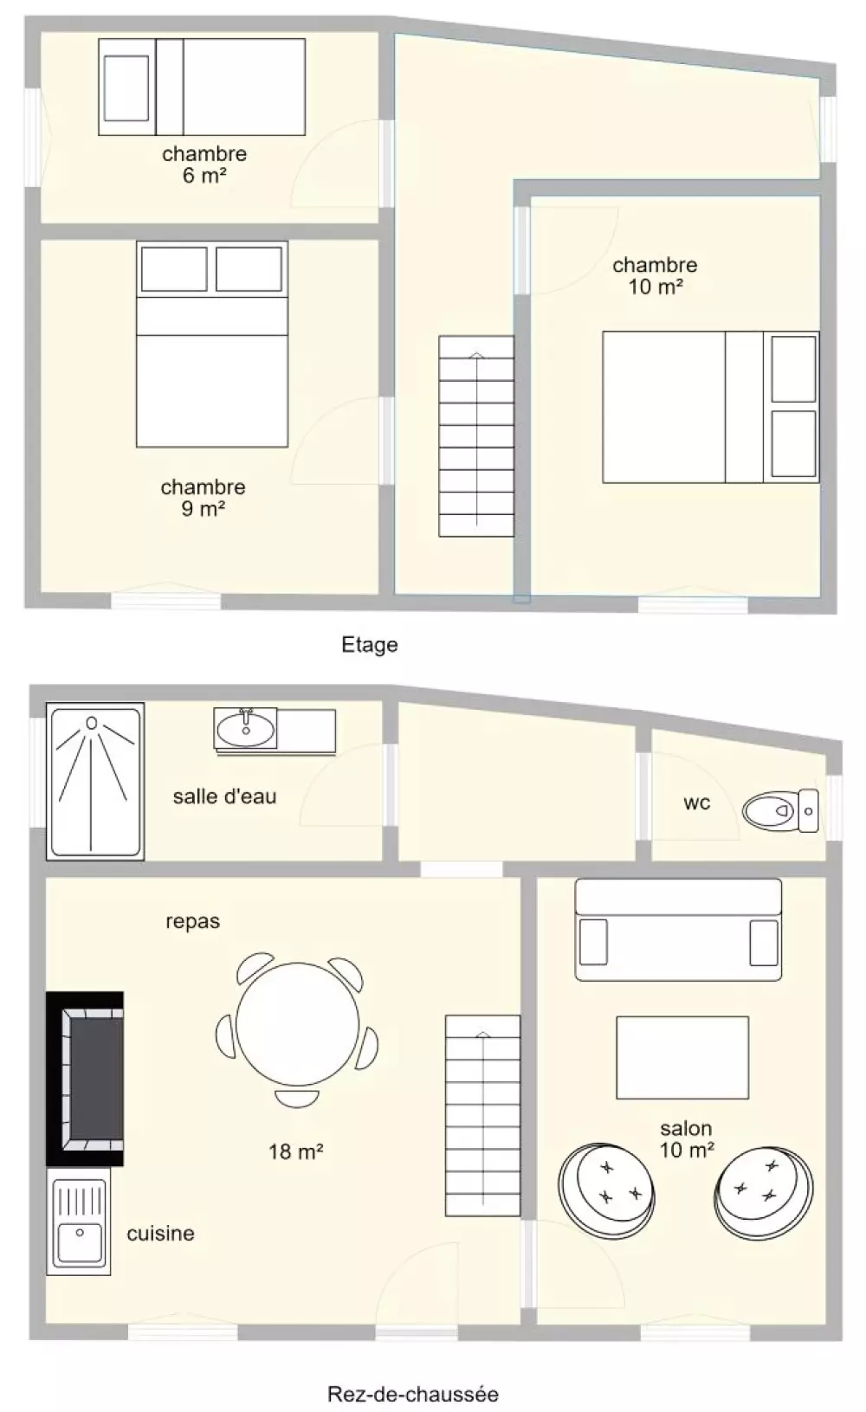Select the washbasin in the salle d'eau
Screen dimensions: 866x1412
pyautogui.click(x=245, y=729)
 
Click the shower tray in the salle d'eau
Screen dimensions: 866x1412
pyautogui.click(x=95, y=782)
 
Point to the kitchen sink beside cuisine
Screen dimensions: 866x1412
pyautogui.click(x=79, y=1221)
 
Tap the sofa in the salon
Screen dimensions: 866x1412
pyautogui.click(x=678, y=930)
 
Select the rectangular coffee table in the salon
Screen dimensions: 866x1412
pyautogui.click(x=682, y=1057)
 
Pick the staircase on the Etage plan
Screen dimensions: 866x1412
pyautogui.click(x=476, y=436)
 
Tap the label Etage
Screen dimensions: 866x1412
pyautogui.click(x=370, y=645)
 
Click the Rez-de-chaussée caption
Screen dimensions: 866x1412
pyautogui.click(x=413, y=1393)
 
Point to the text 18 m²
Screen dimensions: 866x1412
pyautogui.click(x=296, y=1151)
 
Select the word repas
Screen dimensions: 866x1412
pyautogui.click(x=192, y=922)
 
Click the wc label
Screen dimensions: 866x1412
pyautogui.click(x=697, y=803)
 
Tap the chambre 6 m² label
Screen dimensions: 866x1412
pyautogui.click(x=204, y=164)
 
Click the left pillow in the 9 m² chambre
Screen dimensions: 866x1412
pyautogui.click(x=174, y=269)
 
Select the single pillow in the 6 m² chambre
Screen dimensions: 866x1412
pyautogui.click(x=126, y=87)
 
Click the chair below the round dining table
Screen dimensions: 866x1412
pyautogui.click(x=296, y=1099)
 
